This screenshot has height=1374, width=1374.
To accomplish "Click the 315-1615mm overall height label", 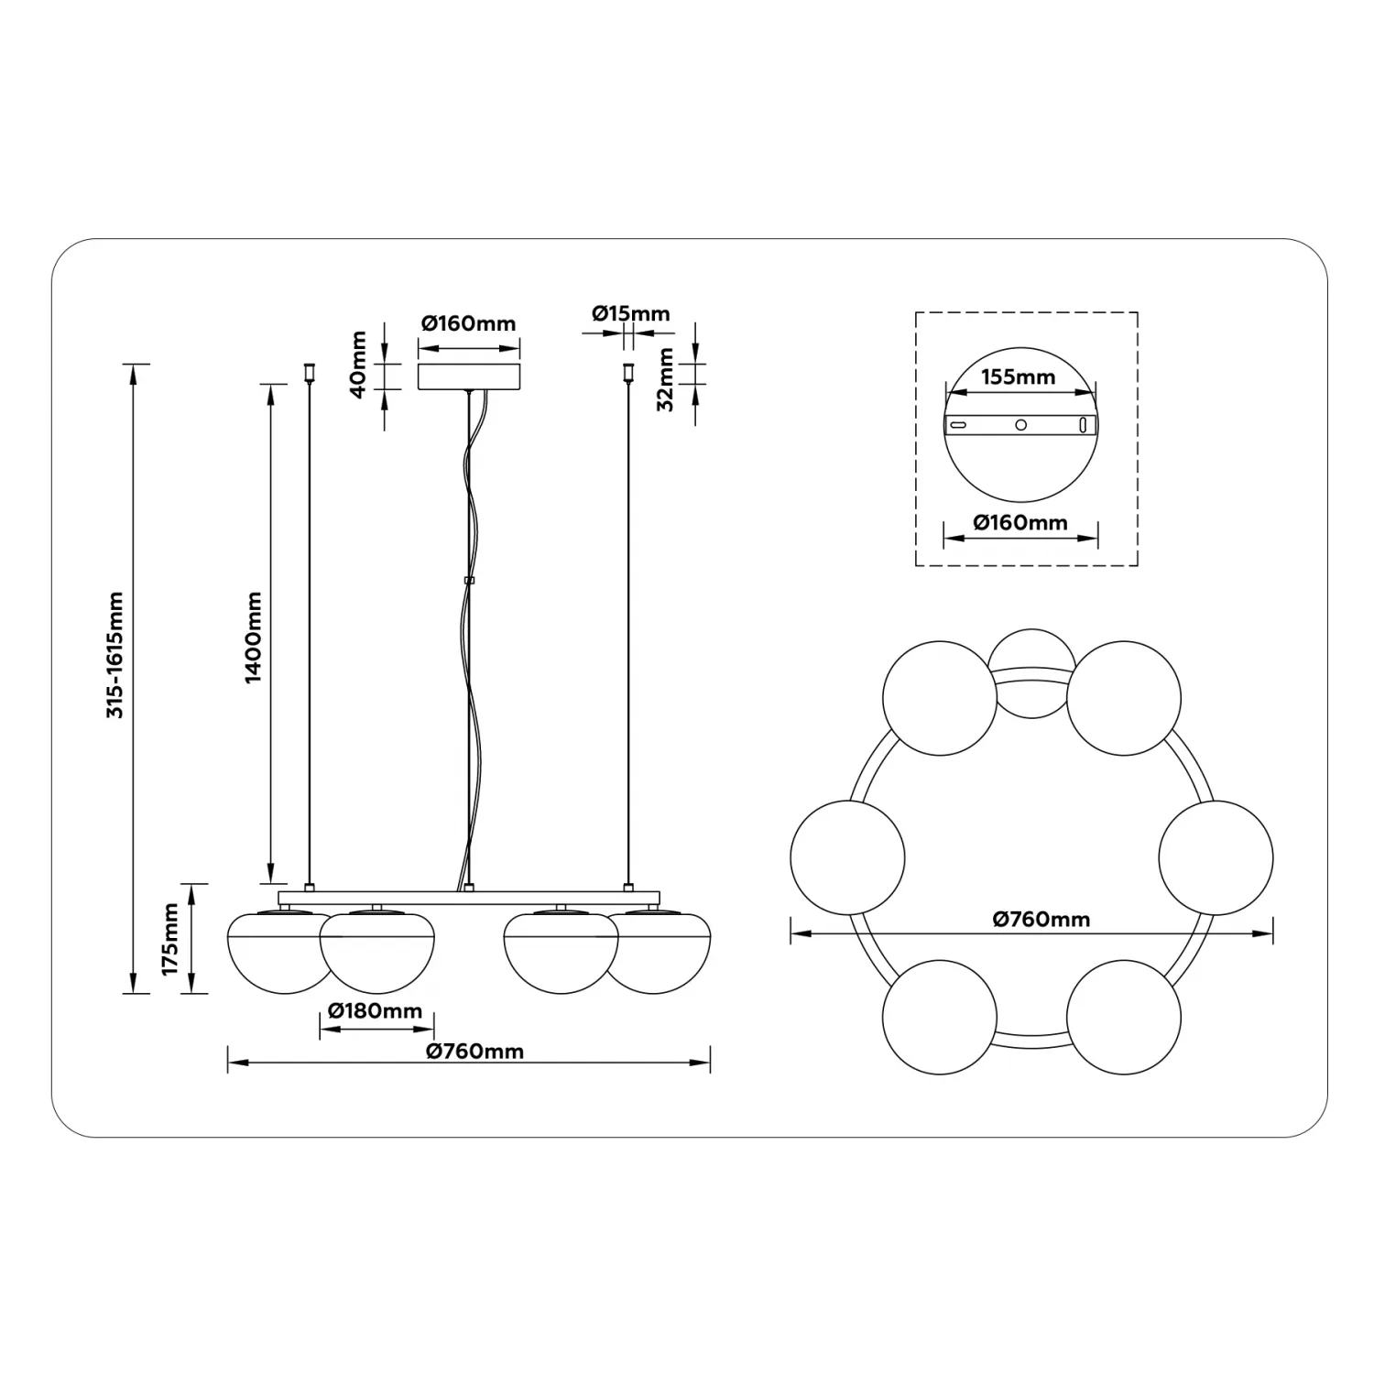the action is coord(115,654).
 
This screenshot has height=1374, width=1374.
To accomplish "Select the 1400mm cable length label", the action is coord(253,637).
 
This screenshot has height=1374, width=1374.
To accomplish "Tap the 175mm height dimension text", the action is coord(170,939).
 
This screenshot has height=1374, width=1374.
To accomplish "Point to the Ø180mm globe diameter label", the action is coord(376,1011).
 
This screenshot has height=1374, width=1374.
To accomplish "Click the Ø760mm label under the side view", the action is coord(474,1052).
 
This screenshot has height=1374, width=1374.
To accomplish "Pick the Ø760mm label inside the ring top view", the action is coord(1041,919).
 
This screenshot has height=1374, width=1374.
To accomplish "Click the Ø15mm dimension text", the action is coord(630,313).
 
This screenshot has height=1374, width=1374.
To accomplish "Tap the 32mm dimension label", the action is coord(666,379).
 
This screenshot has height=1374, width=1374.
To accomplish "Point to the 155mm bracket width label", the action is coord(1019,376).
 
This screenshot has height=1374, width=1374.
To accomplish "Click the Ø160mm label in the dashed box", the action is coord(1020,523).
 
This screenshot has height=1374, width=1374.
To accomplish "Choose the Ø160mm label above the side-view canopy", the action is coord(469,323).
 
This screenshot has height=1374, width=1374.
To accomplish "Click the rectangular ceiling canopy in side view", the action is coord(469,376).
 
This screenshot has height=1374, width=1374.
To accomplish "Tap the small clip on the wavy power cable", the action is coord(469,580).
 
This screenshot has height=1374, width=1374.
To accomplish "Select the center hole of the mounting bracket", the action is coord(1021,425).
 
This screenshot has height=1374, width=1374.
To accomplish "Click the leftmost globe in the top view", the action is coord(847,857).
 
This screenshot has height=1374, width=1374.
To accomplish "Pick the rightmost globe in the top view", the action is coord(1216,857).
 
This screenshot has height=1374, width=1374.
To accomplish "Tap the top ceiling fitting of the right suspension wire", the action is coord(628,372).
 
